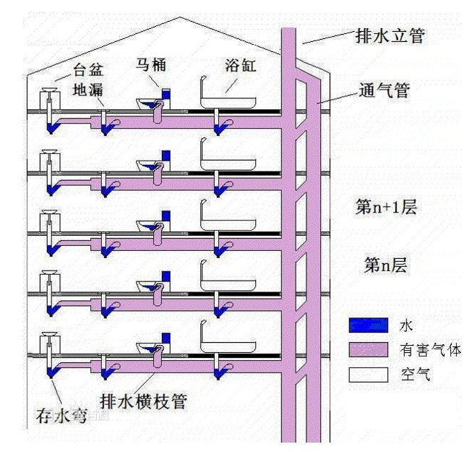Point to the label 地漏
90,92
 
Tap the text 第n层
385,265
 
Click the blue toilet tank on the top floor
166,95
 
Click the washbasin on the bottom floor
49,336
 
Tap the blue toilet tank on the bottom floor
166,338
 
